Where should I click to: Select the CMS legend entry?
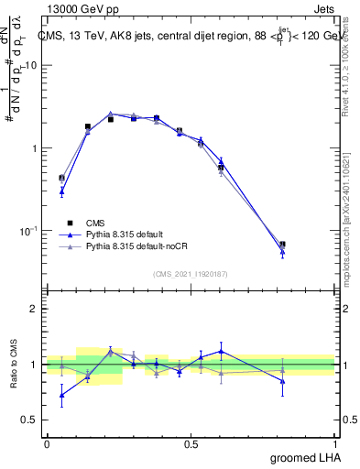tap(96, 223)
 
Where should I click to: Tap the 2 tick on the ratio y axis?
tap(34, 309)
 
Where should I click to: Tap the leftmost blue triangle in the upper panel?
tap(61, 191)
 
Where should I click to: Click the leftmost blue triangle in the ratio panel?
tap(61, 396)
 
